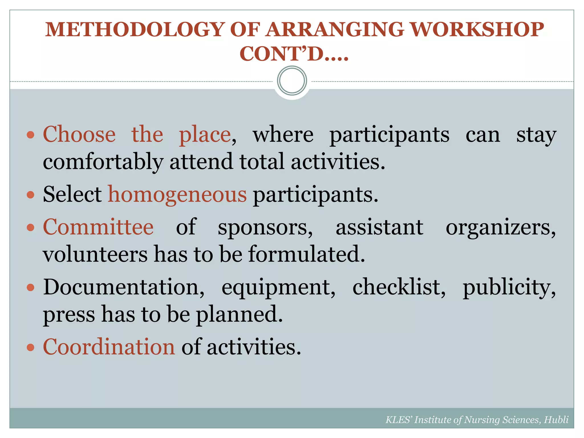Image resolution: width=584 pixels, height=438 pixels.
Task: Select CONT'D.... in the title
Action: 294,54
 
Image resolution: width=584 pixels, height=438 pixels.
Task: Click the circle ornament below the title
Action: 292,81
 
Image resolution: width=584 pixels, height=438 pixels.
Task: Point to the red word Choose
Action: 79,135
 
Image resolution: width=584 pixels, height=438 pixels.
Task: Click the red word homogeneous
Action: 177,195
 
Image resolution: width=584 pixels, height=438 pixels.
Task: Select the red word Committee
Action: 98,227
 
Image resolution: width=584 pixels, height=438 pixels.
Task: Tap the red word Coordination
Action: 109,347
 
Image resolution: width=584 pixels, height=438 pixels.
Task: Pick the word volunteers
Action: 95,254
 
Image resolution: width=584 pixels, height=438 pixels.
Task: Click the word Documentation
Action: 123,287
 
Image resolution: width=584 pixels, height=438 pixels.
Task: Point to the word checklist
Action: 399,287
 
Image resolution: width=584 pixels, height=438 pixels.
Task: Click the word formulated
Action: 307,254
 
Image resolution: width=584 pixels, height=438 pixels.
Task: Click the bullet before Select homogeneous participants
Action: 31,195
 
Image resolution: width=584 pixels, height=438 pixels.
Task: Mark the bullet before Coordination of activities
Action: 31,347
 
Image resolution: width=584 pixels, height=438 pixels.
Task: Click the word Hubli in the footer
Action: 556,420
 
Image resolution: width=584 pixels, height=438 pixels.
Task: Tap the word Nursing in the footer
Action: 482,420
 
